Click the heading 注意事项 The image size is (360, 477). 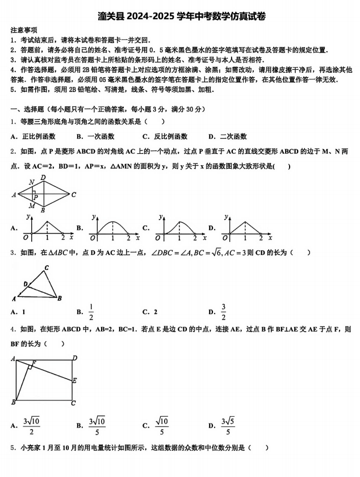pos(24,29)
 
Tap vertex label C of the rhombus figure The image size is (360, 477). pos(73,194)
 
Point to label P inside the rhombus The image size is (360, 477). pos(35,197)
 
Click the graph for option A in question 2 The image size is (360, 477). pos(48,227)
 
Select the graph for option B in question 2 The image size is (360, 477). pos(114,227)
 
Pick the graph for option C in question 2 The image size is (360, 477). pos(179,227)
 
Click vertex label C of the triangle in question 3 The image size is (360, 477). pos(47,267)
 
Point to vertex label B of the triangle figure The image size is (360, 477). pos(60,298)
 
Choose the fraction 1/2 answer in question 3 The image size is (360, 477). pos(91,312)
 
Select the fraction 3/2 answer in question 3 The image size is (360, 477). pos(223,312)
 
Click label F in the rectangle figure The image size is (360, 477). pos(34,363)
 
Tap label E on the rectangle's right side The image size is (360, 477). pos(74,380)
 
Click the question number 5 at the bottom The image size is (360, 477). pos(12,448)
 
